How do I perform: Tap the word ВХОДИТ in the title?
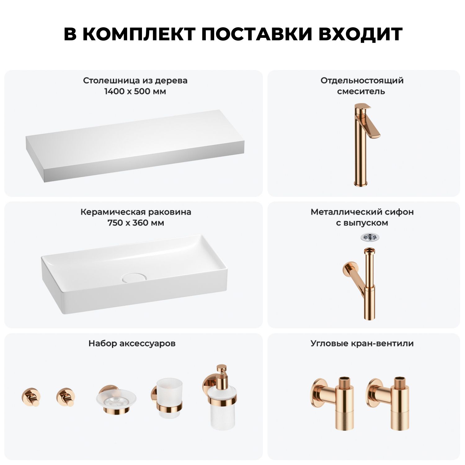360,34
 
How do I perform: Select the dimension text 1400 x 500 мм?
135,91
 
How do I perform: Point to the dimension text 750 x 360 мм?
136,223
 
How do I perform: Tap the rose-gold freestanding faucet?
366,144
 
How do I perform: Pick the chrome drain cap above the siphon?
370,237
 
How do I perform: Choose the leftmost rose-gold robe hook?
31,397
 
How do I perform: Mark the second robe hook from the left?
66,397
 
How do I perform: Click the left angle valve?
332,403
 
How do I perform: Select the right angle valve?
387,403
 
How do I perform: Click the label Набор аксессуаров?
132,343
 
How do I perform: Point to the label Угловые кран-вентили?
362,343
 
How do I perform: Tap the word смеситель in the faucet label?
361,91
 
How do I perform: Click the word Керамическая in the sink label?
113,212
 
